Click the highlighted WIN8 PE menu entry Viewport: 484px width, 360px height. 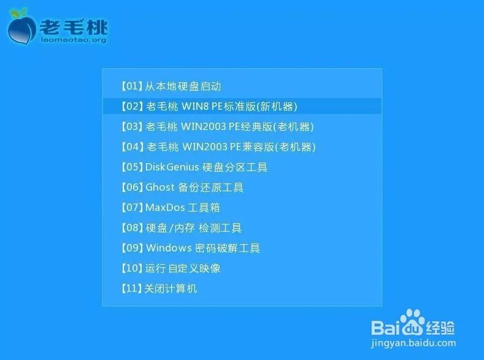pyautogui.click(x=209, y=106)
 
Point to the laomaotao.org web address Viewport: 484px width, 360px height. pyautogui.click(x=73, y=40)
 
